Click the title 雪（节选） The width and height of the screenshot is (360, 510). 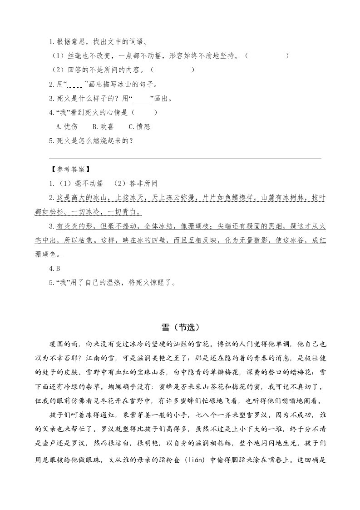tap(180, 327)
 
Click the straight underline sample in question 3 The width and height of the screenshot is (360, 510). tap(142, 99)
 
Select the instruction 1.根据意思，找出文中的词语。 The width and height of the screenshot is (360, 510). tap(98, 42)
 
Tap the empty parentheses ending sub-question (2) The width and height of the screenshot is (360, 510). tap(172, 70)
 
